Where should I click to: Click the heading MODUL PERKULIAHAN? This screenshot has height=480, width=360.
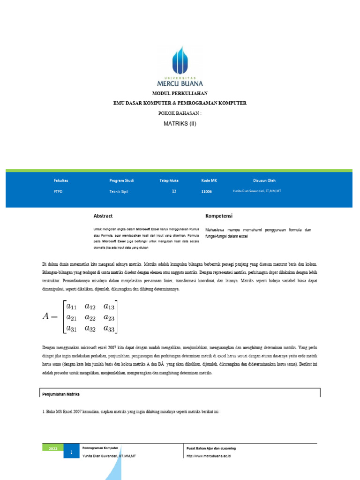(180, 94)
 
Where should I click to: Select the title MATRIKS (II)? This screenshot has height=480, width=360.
(180, 124)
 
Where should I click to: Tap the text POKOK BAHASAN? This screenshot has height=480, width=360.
(180, 113)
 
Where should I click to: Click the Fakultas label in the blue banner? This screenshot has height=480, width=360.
(61, 180)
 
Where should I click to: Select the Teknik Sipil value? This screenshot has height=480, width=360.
(119, 192)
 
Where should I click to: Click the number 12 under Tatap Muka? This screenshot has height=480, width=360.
(174, 192)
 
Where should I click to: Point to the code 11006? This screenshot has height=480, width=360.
(206, 192)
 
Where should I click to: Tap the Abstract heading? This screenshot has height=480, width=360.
(103, 216)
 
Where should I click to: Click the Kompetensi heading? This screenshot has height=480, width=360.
(219, 216)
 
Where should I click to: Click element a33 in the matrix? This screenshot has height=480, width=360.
(108, 328)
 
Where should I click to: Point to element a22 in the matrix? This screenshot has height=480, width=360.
(90, 317)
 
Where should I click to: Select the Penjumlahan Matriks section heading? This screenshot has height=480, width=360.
(61, 395)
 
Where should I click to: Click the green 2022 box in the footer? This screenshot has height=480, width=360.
(52, 449)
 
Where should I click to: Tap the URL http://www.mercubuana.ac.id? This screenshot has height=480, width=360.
(208, 456)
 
